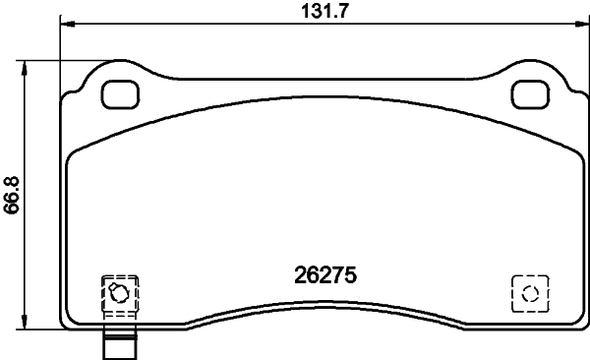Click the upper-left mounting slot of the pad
122,94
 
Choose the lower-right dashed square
530,293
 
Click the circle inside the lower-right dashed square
530,293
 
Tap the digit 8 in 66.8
12,184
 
